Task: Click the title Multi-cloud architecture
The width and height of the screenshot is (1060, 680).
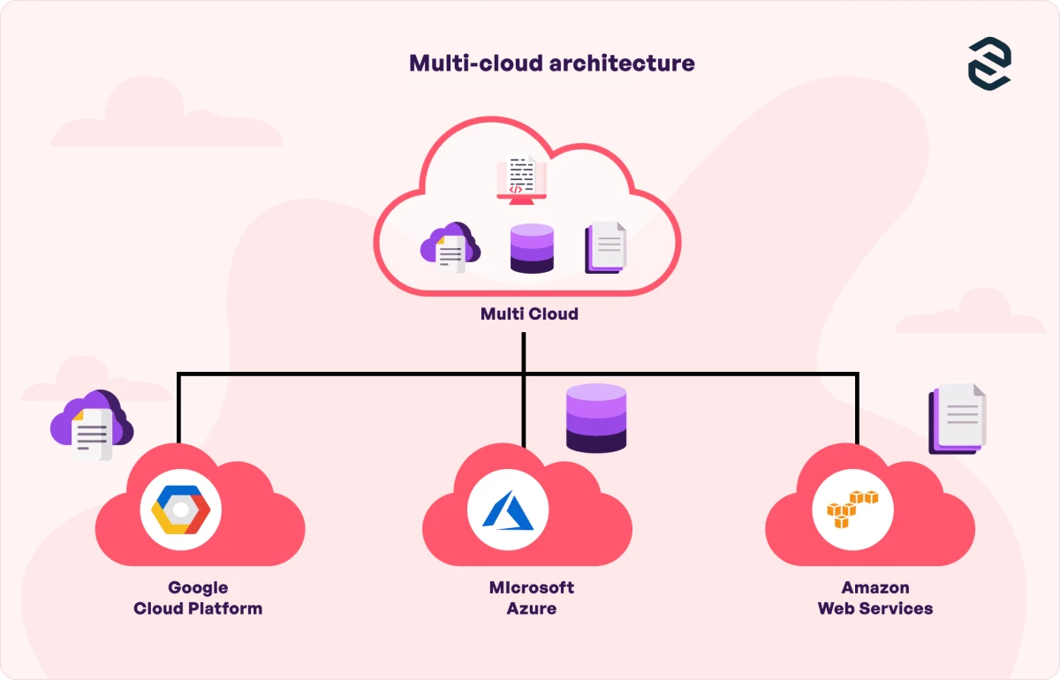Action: (x=551, y=64)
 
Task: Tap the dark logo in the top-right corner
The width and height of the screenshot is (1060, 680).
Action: (x=989, y=63)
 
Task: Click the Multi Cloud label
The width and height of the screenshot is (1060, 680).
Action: (x=529, y=314)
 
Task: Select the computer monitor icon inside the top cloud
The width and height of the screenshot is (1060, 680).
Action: (x=521, y=178)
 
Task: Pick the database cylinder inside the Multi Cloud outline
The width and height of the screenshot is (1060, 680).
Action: (x=532, y=248)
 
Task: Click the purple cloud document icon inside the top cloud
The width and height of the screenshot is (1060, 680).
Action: (x=450, y=248)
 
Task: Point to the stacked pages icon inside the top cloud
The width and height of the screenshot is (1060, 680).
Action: (x=606, y=247)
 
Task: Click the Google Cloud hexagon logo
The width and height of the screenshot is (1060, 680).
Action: (x=180, y=511)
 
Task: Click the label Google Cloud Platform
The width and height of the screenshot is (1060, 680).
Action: (x=198, y=598)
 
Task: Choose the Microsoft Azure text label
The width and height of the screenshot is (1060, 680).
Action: (x=532, y=598)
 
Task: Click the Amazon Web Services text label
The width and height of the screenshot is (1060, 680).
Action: (x=875, y=598)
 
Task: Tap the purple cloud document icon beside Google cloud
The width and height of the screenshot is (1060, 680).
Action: (x=91, y=426)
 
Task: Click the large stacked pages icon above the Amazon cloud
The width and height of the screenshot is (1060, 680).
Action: (x=958, y=419)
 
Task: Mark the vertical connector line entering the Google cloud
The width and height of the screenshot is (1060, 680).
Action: (x=178, y=408)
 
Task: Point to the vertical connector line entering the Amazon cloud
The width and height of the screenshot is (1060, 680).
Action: (x=856, y=408)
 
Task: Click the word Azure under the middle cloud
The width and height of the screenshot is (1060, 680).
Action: (x=532, y=608)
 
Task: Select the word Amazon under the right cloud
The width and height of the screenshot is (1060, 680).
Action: (x=875, y=587)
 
